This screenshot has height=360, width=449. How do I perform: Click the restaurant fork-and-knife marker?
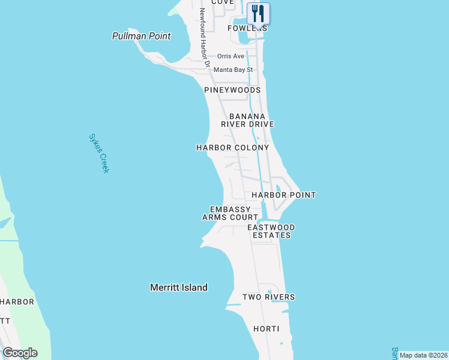click(x=258, y=13)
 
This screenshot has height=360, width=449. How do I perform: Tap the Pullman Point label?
click(x=142, y=36)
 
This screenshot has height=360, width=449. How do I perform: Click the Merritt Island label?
click(x=179, y=287)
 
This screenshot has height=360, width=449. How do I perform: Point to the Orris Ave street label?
click(x=231, y=56)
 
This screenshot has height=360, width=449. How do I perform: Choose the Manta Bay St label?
click(x=234, y=70)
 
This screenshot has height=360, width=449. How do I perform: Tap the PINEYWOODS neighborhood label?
click(x=232, y=90)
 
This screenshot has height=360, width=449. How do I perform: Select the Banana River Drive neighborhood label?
click(x=247, y=120)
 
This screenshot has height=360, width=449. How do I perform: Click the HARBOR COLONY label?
click(x=233, y=147)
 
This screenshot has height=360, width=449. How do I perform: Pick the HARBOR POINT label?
click(x=283, y=195)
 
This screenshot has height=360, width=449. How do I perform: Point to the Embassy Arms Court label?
click(x=230, y=213)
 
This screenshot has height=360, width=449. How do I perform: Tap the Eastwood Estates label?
click(x=271, y=231)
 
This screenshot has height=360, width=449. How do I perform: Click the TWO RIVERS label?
click(x=268, y=297)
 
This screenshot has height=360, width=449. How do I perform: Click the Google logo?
click(x=20, y=353)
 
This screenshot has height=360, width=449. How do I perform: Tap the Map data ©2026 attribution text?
click(x=423, y=355)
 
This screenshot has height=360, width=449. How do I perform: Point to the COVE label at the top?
click(x=222, y=2)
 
